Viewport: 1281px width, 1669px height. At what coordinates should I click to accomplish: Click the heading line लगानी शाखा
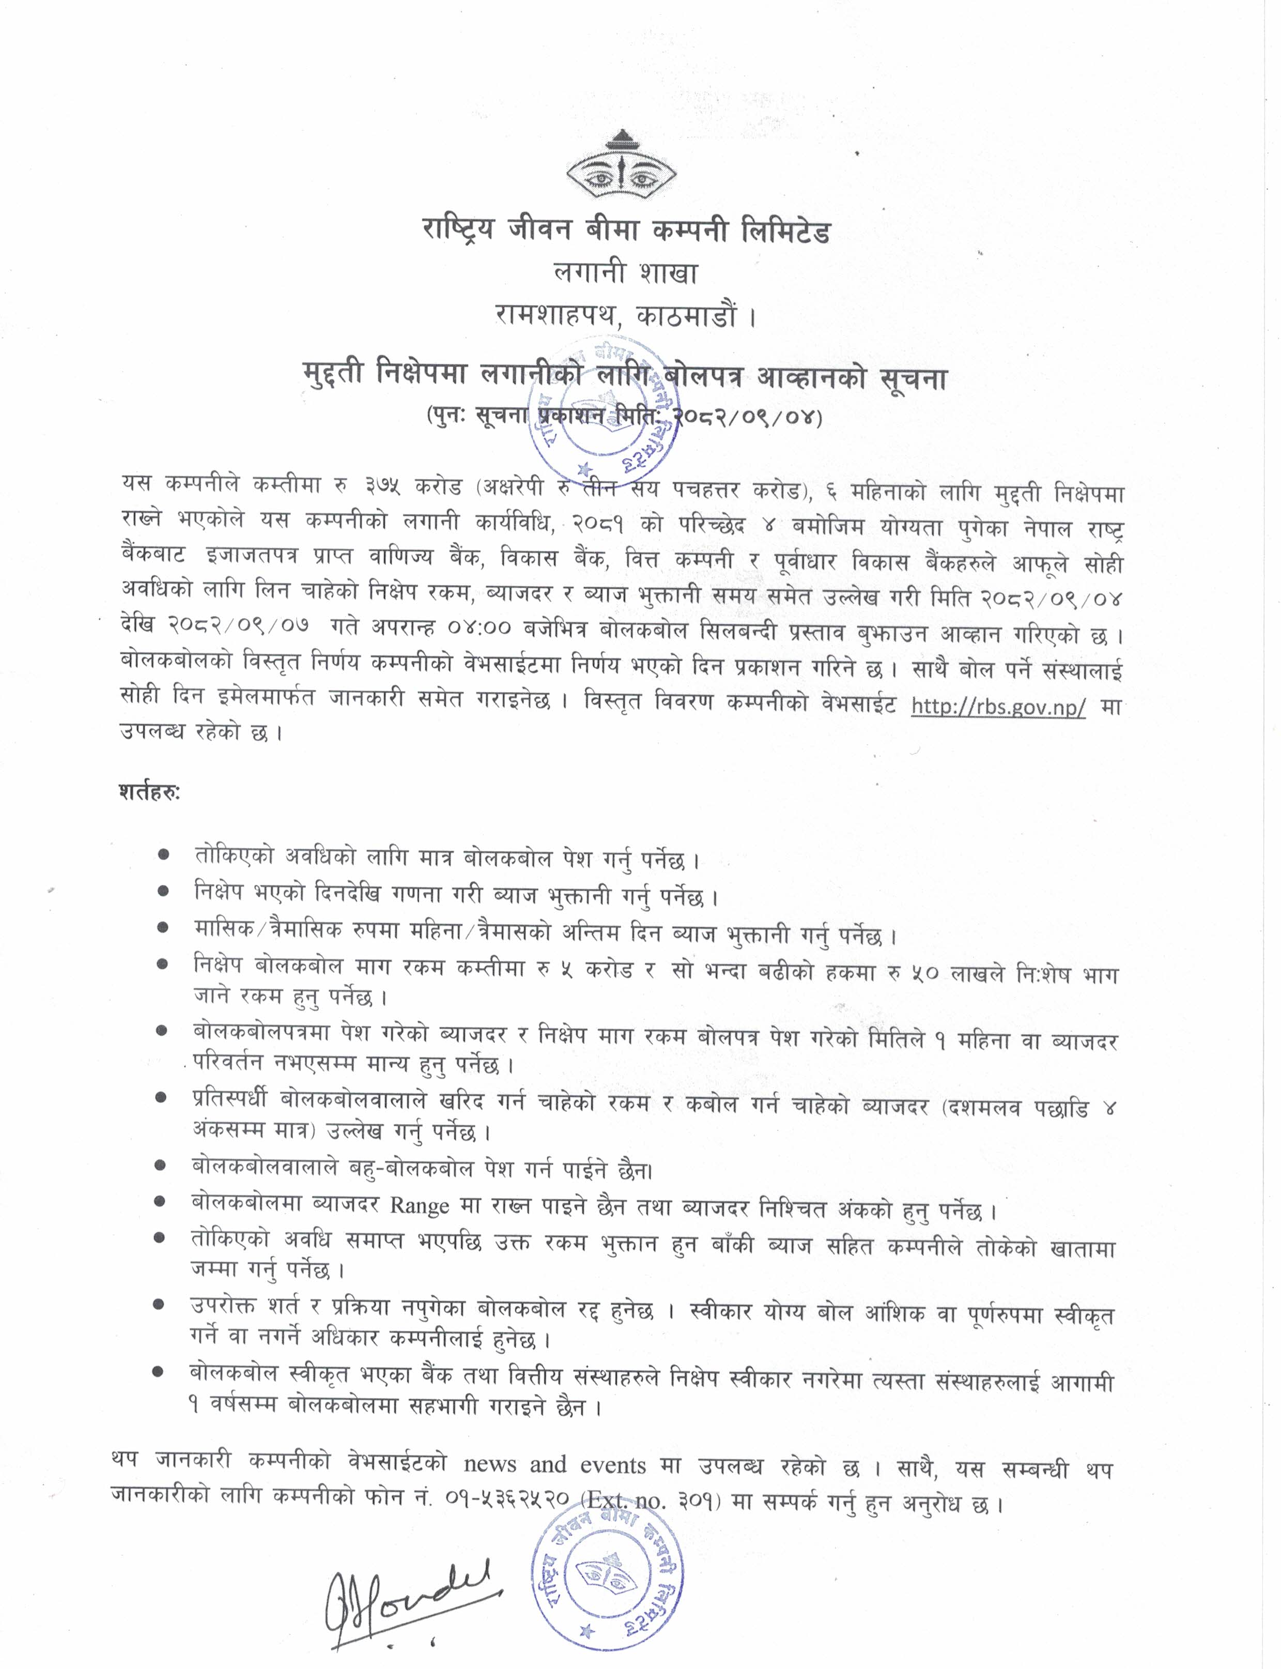[x=625, y=273]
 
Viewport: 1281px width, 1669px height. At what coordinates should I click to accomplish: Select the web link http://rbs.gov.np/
[x=998, y=707]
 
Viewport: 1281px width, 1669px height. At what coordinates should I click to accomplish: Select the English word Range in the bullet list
[x=420, y=1205]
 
